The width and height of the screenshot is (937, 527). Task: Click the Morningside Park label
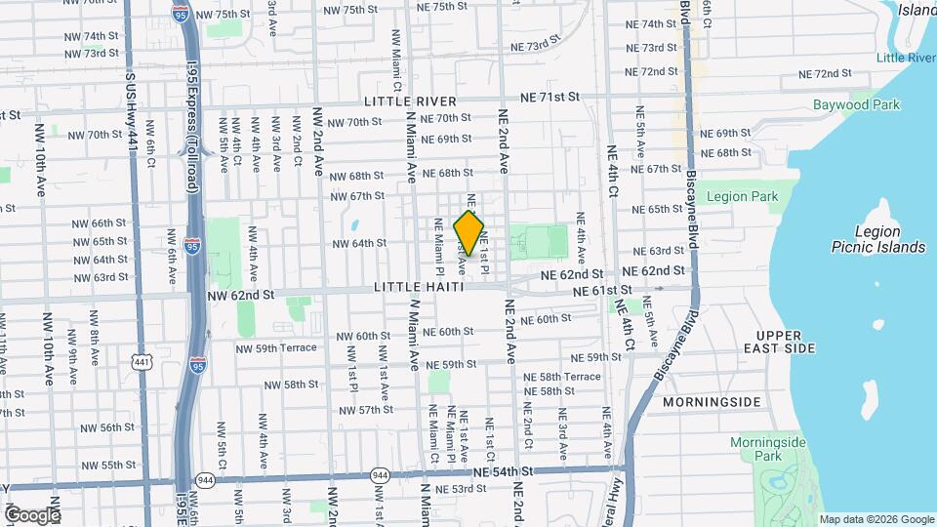(x=769, y=449)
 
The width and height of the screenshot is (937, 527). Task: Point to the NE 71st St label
(x=550, y=98)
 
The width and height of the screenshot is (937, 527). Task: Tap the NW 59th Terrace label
(x=278, y=347)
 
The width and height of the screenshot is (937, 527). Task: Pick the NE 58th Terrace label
(x=562, y=376)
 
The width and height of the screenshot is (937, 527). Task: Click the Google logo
(x=31, y=514)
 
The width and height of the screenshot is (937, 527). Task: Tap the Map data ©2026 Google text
(x=876, y=519)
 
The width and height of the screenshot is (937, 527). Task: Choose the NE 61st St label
(x=603, y=290)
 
